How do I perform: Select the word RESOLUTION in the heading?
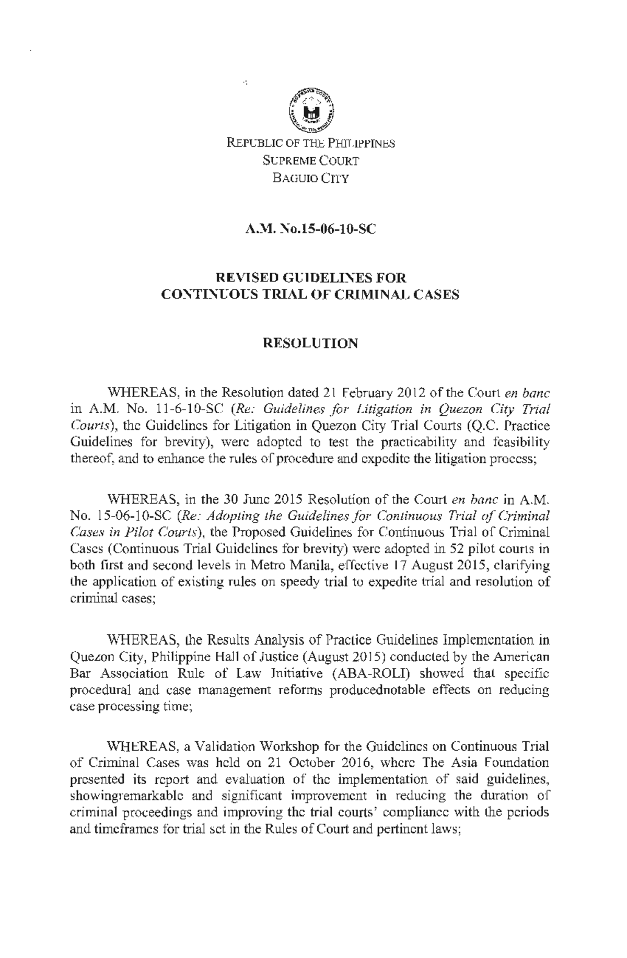(311, 343)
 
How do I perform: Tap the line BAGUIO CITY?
(311, 179)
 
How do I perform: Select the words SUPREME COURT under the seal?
(311, 161)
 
